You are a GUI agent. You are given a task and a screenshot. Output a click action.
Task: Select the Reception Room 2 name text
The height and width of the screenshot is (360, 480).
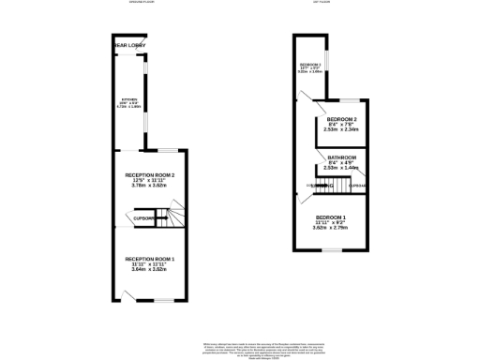tap(150, 174)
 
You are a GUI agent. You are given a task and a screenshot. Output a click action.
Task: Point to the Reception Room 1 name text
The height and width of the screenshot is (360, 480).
tap(150, 258)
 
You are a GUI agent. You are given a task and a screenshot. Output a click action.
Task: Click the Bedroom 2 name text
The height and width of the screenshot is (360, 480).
tap(341, 121)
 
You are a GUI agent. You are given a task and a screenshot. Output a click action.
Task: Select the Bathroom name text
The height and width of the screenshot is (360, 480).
tap(341, 157)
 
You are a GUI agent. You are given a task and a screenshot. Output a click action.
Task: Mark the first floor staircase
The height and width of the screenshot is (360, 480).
tap(321, 187)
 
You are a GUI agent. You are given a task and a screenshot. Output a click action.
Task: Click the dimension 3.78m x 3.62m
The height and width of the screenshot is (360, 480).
tap(150, 185)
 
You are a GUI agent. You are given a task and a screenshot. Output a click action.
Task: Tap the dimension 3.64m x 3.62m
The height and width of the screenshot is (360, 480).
tap(150, 269)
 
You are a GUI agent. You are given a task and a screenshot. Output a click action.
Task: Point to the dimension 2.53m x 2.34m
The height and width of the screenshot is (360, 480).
tap(341, 131)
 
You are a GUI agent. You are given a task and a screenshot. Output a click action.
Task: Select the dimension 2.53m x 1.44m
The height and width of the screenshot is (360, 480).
tap(341, 167)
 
